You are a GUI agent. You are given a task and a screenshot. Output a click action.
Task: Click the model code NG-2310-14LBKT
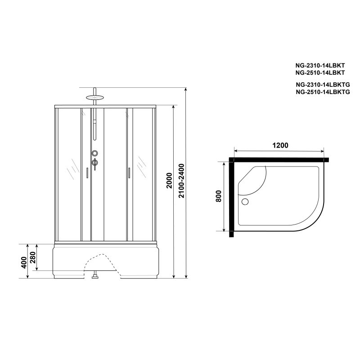click(320, 65)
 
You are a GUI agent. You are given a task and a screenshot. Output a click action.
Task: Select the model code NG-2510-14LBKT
click(320, 72)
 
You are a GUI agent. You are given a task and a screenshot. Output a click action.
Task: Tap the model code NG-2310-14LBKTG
click(323, 85)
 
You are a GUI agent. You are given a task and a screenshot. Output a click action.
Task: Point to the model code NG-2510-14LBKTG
click(323, 92)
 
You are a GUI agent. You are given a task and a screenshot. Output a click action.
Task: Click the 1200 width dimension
click(280, 145)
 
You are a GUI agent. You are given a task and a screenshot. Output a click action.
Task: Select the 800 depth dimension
click(218, 196)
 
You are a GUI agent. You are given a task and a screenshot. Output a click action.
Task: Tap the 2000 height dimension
click(169, 180)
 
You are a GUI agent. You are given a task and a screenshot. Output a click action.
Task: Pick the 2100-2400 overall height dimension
click(181, 181)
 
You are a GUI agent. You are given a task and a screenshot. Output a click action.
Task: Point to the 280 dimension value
click(32, 257)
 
